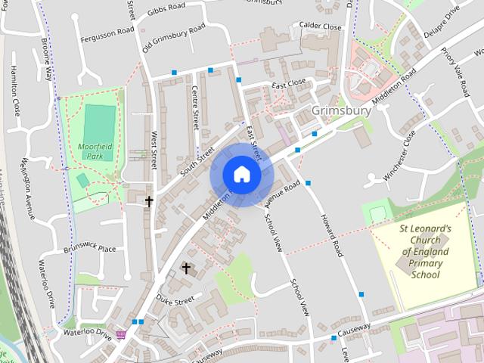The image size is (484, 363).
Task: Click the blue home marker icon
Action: click(x=241, y=175)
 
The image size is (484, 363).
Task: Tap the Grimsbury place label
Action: click(x=341, y=111)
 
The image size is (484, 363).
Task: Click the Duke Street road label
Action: click(x=175, y=300)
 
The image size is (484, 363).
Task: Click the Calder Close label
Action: click(x=321, y=25)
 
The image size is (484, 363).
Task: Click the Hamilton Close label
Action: click(x=14, y=90)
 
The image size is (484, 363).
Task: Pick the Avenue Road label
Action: click(x=283, y=194)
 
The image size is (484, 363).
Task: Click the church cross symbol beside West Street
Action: click(x=149, y=201)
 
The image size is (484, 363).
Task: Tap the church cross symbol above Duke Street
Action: click(x=186, y=268)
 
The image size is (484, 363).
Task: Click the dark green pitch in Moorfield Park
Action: click(x=98, y=123)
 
